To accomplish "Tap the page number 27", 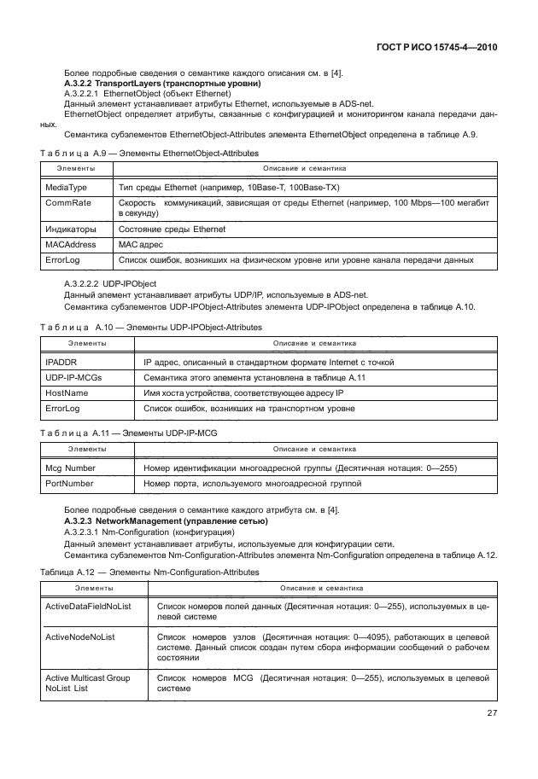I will pyautogui.click(x=491, y=714).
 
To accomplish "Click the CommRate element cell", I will pyautogui.click(x=65, y=204).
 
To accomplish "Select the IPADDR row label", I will pyautogui.click(x=60, y=363).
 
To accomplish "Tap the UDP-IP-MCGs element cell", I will pyautogui.click(x=72, y=378).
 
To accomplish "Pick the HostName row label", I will pyautogui.click(x=67, y=393).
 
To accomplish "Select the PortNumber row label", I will pyautogui.click(x=69, y=484).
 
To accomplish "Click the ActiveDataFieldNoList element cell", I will pyautogui.click(x=89, y=605).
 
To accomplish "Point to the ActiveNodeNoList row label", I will pyautogui.click(x=79, y=637).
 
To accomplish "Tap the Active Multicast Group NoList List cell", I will pyautogui.click(x=87, y=683).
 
